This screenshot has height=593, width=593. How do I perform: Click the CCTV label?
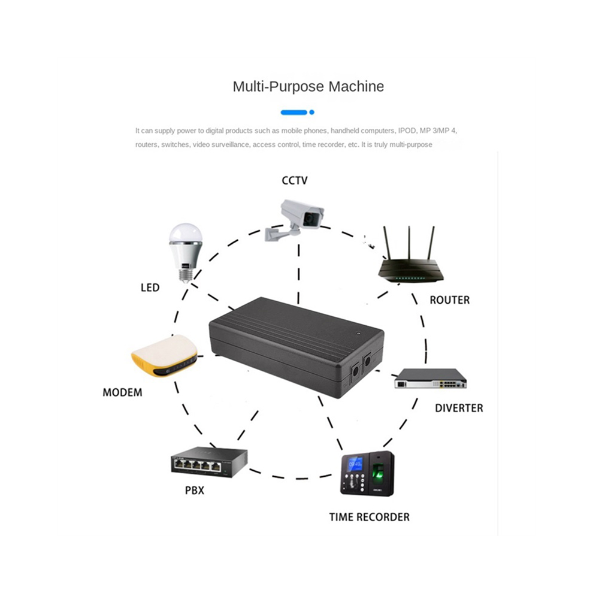[295, 180]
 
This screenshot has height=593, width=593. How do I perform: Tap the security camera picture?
[295, 220]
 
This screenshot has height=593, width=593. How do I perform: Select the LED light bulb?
[185, 252]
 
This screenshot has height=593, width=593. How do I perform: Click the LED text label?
[150, 288]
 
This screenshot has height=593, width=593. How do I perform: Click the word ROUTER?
[450, 300]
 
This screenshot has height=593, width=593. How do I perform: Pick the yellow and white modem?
[165, 355]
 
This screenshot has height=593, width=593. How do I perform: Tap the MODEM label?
[123, 392]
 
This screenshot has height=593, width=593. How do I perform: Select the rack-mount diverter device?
[431, 378]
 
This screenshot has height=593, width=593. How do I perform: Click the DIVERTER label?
[459, 408]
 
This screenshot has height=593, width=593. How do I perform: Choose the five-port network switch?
[209, 462]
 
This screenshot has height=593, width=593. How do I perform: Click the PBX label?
[195, 490]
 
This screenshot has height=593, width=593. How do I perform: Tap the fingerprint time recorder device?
[367, 473]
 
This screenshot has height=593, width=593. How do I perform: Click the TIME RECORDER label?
[370, 517]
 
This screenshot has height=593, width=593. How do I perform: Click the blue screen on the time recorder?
[355, 464]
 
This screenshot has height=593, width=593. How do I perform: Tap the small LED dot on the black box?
[358, 334]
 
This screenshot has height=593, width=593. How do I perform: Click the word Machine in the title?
[356, 86]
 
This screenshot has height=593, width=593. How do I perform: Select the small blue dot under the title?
[311, 113]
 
